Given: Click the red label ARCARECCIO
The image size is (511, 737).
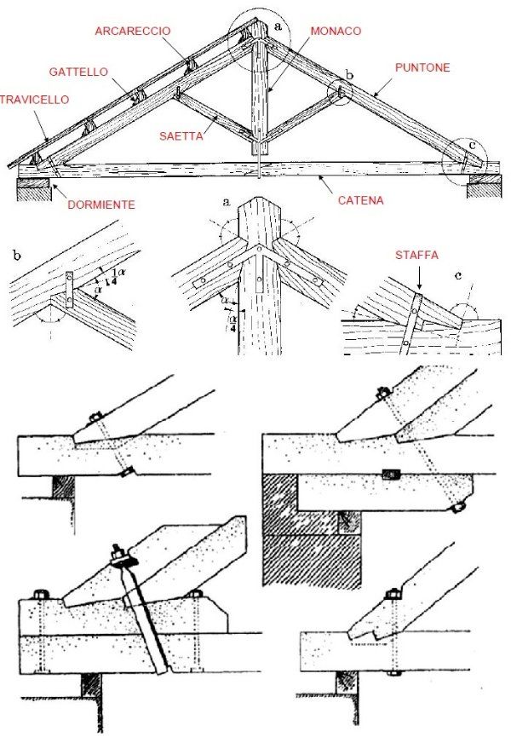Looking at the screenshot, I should [133, 31].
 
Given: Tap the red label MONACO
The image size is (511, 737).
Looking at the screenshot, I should [336, 31].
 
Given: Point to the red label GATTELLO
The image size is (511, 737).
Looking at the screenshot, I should [78, 72].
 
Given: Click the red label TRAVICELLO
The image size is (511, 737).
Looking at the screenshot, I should [34, 99].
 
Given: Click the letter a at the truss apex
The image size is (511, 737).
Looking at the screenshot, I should [278, 26].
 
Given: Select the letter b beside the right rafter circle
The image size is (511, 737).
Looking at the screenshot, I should [348, 74].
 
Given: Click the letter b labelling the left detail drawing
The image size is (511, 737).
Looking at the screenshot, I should [17, 254].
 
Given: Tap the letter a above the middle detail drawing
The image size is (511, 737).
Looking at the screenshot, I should [227, 202].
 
